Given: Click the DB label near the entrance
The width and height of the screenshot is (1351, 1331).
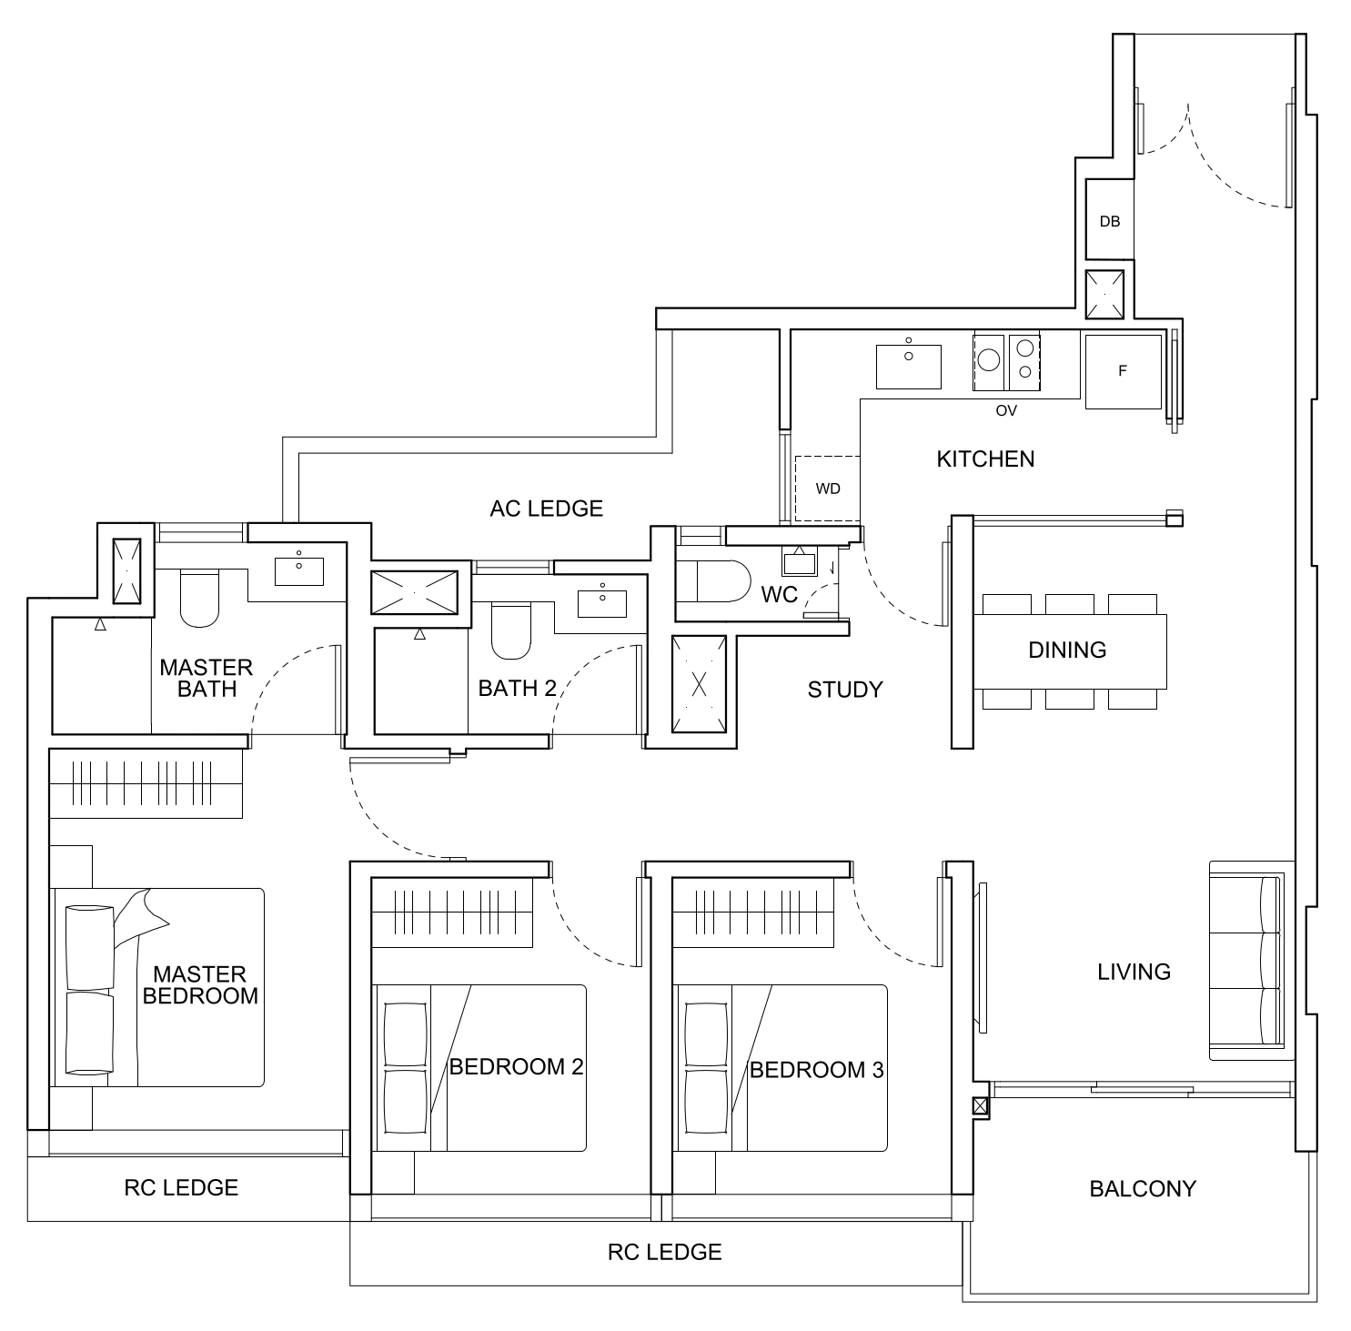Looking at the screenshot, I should [x=1109, y=221].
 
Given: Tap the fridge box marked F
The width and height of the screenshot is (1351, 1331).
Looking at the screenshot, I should [x=1123, y=371].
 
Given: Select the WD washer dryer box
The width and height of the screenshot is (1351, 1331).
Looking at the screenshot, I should [x=827, y=489].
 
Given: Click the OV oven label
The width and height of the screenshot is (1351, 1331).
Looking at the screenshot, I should [x=1005, y=410].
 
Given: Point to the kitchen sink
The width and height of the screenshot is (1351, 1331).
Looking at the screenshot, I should [x=908, y=366].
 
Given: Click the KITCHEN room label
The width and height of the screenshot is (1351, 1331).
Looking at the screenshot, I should [x=985, y=459].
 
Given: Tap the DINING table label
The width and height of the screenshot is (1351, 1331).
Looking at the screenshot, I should [x=1067, y=650].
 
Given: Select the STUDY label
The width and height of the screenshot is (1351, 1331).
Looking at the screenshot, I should [x=845, y=690].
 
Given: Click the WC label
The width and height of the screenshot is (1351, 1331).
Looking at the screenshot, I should [x=779, y=595].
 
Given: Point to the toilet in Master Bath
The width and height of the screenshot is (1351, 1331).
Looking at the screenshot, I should [x=200, y=599].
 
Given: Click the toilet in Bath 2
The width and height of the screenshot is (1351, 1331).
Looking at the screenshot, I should [x=510, y=631].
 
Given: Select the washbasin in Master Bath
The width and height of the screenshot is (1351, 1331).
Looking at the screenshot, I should [x=298, y=570].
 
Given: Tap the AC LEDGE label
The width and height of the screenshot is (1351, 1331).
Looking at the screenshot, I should [x=546, y=509].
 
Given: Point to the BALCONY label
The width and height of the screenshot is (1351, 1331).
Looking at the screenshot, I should [x=1143, y=1188].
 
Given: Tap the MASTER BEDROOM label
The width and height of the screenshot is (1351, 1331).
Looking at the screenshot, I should [x=200, y=985].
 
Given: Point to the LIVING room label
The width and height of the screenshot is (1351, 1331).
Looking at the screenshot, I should [x=1134, y=972].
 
